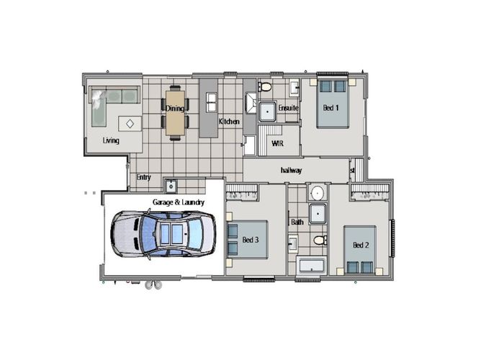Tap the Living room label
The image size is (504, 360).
click(110, 140)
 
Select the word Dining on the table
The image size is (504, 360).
click(175, 109)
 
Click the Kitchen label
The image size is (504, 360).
click(229, 122)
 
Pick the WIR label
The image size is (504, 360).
click(277, 143)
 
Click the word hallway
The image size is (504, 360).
click(291, 171)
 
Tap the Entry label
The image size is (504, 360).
click(143, 177)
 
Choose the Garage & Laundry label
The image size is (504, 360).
click(178, 203)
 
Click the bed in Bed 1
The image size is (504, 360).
click(333, 104)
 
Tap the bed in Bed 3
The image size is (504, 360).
click(248, 239)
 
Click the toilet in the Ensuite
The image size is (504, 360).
click(265, 88)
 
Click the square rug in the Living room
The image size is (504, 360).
click(130, 123)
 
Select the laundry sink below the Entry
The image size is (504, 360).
click(171, 185)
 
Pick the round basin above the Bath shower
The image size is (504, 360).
click(317, 193)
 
